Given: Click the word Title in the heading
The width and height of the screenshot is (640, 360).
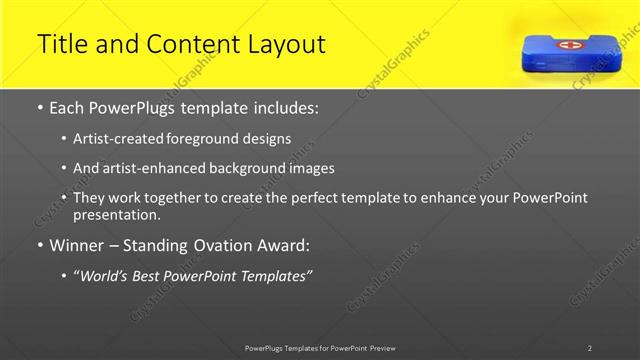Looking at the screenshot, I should pos(60,44).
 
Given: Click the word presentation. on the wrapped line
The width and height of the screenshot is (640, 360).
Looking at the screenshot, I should pos(115,215).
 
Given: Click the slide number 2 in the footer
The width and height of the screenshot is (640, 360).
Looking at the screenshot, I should pos(590,348).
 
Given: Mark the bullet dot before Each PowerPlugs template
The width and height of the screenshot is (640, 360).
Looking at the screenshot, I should pos(39,107).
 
